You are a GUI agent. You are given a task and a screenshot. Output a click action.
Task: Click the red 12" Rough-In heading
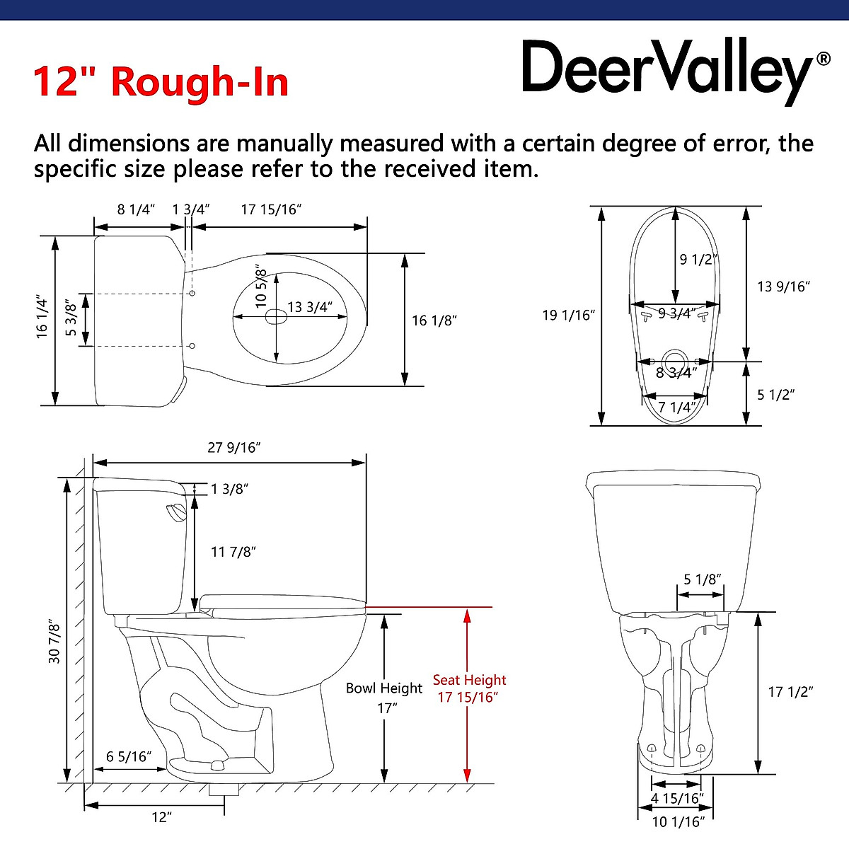(161, 81)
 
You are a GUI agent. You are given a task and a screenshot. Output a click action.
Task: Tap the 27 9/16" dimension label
(234, 448)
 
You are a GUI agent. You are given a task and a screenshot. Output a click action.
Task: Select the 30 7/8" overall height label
(54, 641)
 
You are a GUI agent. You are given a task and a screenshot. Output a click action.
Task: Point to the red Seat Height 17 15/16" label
(469, 688)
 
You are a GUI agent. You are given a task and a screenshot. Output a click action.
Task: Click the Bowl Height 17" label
(383, 696)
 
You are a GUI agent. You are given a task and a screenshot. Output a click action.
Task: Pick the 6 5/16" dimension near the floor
(129, 756)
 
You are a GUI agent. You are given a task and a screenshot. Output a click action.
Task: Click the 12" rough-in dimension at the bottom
(162, 817)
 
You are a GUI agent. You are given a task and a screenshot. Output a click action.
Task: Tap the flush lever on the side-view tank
(174, 512)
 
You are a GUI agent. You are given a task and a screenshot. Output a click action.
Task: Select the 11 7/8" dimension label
(233, 552)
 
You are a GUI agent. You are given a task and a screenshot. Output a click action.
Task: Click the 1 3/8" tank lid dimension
(230, 489)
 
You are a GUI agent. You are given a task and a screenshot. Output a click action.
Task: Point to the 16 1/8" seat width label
(435, 320)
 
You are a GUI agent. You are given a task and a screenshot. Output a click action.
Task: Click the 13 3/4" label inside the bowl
(309, 307)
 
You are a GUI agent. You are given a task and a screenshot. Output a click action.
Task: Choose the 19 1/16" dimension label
(566, 315)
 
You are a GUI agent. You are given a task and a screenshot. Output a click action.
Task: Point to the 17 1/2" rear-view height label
(790, 692)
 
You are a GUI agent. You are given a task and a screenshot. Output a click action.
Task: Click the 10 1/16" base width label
(678, 821)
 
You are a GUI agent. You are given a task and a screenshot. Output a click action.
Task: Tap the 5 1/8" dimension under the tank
(703, 579)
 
